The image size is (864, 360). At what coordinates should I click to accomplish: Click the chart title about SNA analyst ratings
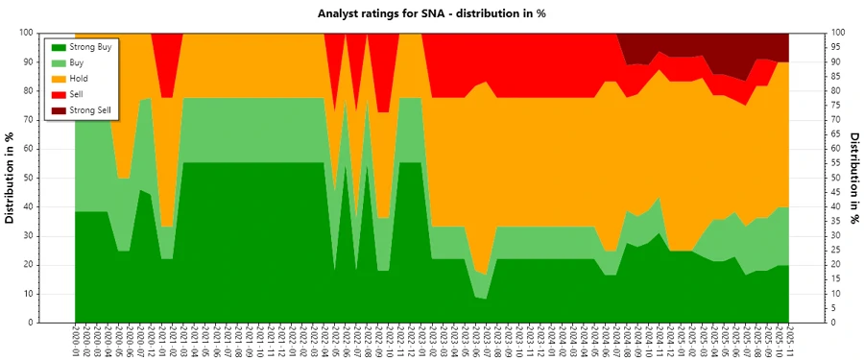pos(431,13)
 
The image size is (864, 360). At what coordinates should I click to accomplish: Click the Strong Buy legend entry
pos(86,46)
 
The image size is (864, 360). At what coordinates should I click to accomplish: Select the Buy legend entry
pos(77,61)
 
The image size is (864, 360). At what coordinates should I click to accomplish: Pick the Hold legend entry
pos(79,78)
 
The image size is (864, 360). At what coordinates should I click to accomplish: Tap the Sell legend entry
pos(77,94)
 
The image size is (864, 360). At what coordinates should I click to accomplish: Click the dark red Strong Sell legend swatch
pos(58,110)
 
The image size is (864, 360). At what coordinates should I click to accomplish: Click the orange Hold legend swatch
pos(58,78)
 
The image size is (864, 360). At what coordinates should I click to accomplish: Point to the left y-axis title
pos(11,178)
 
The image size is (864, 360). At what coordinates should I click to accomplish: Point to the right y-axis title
pos(853,178)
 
